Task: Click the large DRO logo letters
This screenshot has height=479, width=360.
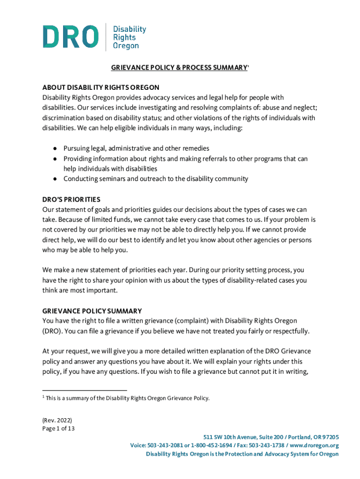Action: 71,36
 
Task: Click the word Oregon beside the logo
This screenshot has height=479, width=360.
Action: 126,46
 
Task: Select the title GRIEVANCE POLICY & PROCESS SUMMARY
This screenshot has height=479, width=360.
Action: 179,68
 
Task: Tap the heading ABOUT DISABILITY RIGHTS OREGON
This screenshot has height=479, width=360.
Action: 101,87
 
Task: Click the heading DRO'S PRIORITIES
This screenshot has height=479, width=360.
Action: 71,199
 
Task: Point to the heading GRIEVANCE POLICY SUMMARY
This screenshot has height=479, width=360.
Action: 92,311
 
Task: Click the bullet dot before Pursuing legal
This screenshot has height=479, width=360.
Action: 55,149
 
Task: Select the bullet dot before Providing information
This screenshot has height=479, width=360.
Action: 55,159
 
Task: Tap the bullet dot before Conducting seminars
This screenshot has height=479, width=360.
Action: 55,179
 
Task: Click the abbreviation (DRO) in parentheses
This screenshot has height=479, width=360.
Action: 53,331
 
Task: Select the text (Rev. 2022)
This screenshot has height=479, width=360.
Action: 57,420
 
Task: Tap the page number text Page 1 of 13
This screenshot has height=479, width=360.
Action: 58,428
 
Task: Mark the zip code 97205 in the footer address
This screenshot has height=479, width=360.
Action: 330,436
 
